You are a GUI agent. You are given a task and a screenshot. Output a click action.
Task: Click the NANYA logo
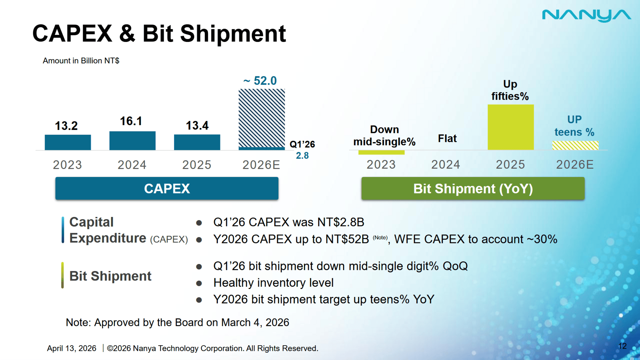[x=586, y=16]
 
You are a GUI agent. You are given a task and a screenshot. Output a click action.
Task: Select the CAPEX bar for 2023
[x=68, y=142]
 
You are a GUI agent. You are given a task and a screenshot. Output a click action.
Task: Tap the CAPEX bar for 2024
[x=132, y=141]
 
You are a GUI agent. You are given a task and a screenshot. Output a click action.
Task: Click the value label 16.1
[x=131, y=121]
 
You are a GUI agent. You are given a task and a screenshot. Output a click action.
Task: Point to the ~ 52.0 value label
[x=260, y=81]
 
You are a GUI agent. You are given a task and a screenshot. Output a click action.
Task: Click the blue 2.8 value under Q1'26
[x=302, y=155]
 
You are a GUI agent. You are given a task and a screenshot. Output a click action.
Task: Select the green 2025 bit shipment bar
[x=511, y=127]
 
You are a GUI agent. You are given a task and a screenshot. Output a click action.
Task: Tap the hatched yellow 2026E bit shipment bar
[x=575, y=145]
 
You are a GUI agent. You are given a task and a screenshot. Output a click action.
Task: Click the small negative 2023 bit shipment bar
[x=381, y=152]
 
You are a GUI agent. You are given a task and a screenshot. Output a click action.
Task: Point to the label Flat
[x=447, y=138]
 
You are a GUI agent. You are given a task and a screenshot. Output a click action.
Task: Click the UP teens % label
[x=574, y=126]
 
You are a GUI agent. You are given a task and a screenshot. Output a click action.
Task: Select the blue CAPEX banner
[x=167, y=189]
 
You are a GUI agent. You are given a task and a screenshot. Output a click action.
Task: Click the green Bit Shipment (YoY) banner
[x=473, y=189]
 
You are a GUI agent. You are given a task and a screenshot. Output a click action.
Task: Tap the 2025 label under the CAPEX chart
[x=197, y=165]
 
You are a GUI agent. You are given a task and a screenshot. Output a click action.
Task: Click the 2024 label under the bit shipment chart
[x=446, y=164]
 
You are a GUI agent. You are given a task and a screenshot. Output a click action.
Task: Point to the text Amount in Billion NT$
[x=81, y=61]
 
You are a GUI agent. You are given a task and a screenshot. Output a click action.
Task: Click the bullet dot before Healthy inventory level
[x=199, y=283]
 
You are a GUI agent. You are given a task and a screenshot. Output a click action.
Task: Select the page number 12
[x=622, y=346]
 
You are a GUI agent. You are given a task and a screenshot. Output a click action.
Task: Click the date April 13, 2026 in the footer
[x=72, y=348]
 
